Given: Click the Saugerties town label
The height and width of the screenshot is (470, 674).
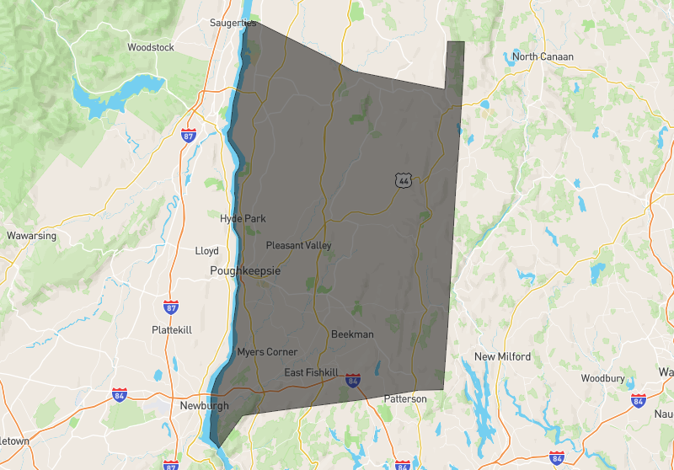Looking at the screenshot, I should point(233,24).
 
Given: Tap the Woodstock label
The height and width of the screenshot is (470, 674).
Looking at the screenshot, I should point(151,48).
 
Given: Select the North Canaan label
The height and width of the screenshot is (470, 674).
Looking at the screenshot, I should point(543,57).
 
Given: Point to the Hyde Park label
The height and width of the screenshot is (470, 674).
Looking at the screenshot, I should point(243,219).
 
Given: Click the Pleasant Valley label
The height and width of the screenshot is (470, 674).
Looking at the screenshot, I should point(298,246).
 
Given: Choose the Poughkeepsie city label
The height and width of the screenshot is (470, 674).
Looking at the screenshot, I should point(245,272).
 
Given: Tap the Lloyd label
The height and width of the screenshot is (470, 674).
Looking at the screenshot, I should point(206,251).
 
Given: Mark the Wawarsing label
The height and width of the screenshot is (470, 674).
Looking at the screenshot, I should point(31,236).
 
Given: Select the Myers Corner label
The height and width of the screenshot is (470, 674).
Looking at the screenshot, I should point(267,352).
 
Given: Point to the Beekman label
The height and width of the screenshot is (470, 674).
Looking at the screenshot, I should point(352,334).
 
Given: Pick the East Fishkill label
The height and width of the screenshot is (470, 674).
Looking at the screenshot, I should point(311,373).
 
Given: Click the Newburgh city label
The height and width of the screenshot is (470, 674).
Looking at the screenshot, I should point(205,406).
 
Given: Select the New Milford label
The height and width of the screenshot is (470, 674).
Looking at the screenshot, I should point(502,357).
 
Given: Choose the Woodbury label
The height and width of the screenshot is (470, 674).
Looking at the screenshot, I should point(602,378).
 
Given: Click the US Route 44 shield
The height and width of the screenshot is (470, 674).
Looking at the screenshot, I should point(404,180).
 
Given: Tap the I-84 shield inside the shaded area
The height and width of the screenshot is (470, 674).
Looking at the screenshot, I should point(353,382).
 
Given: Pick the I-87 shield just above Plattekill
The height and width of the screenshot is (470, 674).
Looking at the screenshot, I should point(171,307).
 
